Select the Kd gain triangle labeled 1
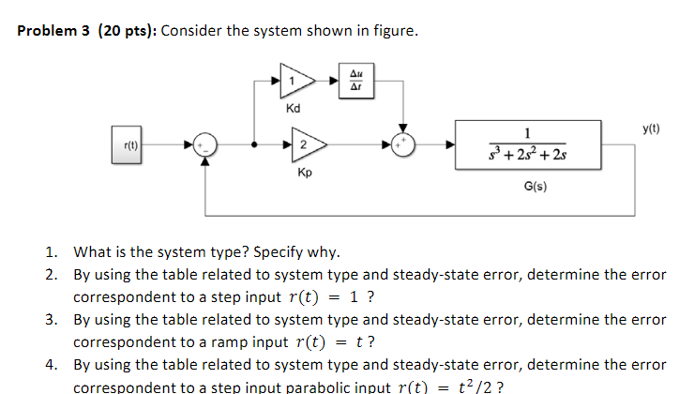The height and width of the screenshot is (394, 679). tap(295, 82)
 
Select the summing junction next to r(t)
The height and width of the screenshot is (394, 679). tap(205, 144)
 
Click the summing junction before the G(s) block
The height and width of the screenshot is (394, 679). tap(403, 144)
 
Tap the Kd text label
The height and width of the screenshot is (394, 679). tap(293, 109)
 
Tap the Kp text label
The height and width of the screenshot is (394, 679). tap(305, 174)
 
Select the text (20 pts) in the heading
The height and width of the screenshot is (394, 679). tap(127, 32)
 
